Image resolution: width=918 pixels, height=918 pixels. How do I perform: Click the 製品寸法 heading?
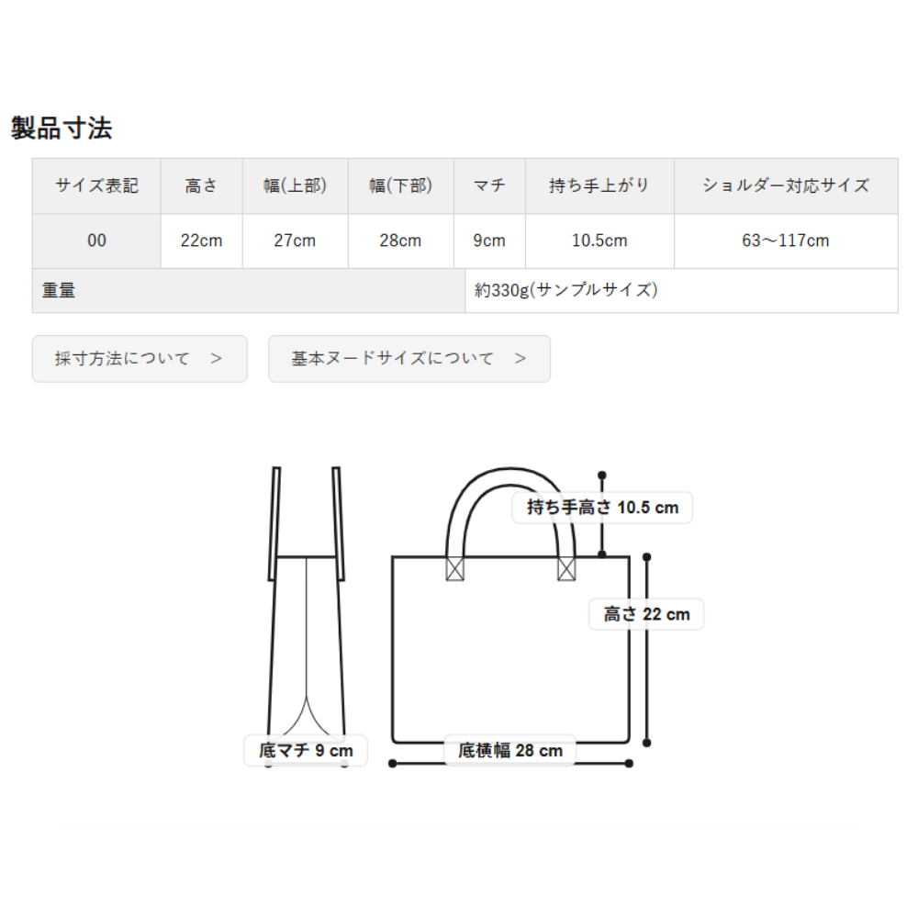tap(62, 129)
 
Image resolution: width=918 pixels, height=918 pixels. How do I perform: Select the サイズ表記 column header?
tap(96, 185)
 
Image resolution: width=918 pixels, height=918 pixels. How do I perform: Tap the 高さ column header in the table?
tap(201, 185)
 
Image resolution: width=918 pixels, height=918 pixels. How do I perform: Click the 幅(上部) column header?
tap(295, 185)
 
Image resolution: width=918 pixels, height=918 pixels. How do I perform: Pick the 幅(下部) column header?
tap(400, 185)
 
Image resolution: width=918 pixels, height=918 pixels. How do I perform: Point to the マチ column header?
tap(489, 185)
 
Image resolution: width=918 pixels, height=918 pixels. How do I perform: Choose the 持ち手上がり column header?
tap(599, 185)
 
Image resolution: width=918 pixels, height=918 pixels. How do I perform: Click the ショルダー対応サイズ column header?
tap(785, 185)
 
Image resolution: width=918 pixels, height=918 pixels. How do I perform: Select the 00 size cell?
tap(96, 241)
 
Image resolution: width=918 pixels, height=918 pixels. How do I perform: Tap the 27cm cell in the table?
tap(295, 241)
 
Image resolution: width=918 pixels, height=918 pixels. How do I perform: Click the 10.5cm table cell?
tap(599, 241)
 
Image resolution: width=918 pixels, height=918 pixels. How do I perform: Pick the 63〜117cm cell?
tap(785, 241)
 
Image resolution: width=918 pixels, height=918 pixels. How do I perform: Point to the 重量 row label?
tap(59, 291)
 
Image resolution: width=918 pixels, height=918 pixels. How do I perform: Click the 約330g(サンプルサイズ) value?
tap(566, 291)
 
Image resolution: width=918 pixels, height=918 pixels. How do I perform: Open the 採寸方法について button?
tap(140, 358)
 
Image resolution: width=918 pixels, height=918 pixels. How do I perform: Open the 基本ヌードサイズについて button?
tap(409, 358)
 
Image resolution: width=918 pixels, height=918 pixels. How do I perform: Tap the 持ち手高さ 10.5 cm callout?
tap(602, 507)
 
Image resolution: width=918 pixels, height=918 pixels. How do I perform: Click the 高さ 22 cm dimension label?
tap(646, 614)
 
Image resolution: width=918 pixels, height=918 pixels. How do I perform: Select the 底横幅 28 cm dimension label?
tap(509, 751)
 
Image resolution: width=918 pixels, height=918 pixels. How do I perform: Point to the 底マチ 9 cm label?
tap(306, 751)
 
